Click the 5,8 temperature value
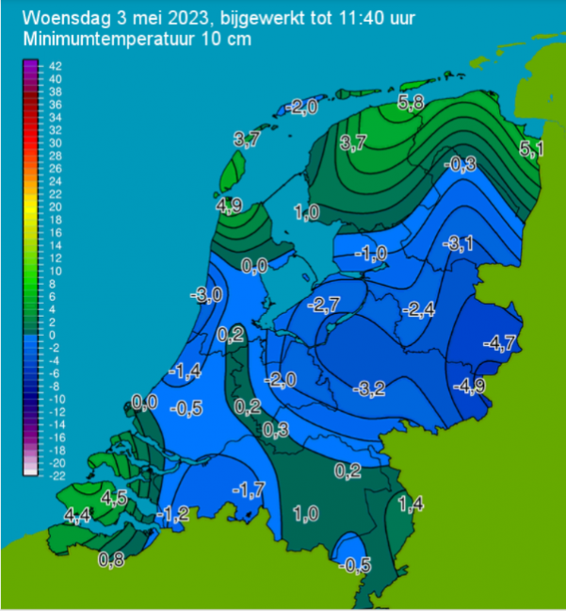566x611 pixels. pyautogui.click(x=411, y=104)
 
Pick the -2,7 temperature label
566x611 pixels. pyautogui.click(x=323, y=304)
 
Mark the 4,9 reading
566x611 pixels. pyautogui.click(x=229, y=205)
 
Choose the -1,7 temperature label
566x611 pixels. pyautogui.click(x=248, y=487)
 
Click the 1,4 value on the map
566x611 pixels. pyautogui.click(x=411, y=505)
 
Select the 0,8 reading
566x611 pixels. pyautogui.click(x=112, y=560)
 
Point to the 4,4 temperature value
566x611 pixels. pyautogui.click(x=78, y=515)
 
